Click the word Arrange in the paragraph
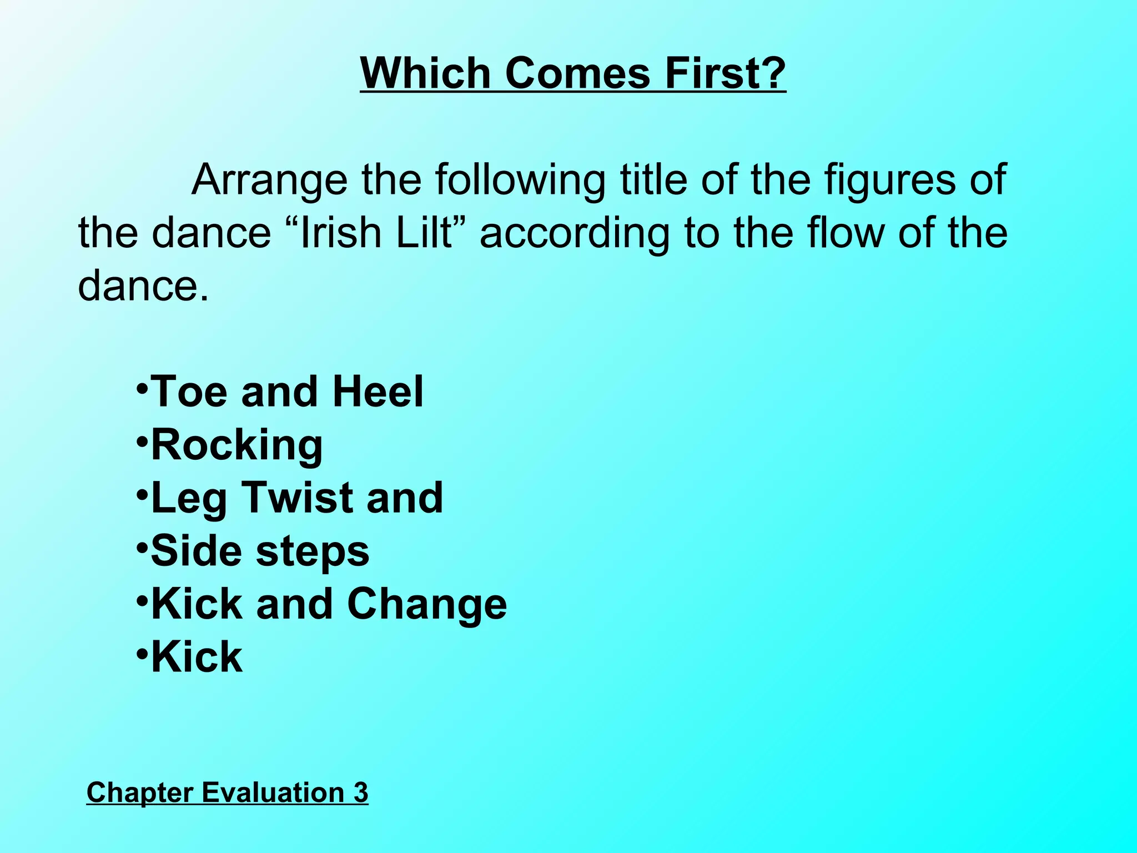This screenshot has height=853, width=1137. (269, 180)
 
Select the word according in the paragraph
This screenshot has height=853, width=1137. (575, 233)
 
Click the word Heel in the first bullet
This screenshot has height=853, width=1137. (378, 392)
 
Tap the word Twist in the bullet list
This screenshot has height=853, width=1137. (297, 498)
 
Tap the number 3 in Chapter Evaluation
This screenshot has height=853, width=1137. (361, 792)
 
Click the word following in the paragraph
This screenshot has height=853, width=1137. (520, 180)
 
